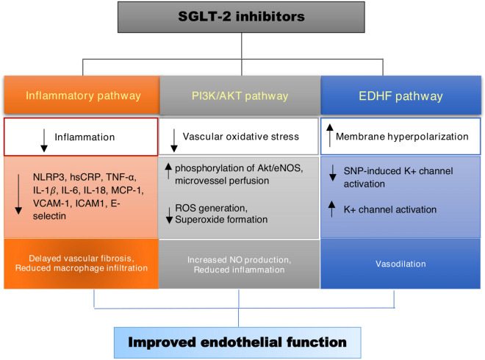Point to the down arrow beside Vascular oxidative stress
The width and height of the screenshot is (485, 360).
pos(174,136)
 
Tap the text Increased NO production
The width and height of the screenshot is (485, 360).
pos(240,259)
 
